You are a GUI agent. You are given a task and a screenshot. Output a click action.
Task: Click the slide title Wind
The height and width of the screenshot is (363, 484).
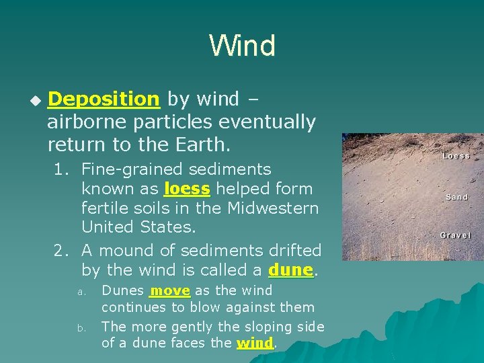242,46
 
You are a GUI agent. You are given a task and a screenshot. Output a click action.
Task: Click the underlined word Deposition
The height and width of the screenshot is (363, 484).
104,99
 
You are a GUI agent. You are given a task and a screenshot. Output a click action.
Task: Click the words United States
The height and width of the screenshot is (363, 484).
138,227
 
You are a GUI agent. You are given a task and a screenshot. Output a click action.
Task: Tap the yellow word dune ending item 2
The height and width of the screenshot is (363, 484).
290,270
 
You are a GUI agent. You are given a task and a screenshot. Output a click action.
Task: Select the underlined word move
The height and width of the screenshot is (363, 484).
171,290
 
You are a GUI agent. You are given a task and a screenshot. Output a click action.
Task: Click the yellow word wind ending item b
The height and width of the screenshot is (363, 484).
255,343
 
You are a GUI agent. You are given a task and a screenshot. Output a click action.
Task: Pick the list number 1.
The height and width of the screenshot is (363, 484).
61,170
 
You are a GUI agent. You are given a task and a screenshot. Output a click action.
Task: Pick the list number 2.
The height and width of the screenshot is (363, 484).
61,251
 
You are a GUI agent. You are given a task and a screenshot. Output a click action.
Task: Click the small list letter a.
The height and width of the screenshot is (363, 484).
80,292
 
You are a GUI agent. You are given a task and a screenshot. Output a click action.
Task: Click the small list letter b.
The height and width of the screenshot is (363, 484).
80,327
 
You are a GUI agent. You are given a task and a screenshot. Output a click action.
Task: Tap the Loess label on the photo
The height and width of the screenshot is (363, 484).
456,156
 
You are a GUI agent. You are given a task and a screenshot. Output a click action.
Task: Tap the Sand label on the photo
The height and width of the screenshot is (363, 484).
456,197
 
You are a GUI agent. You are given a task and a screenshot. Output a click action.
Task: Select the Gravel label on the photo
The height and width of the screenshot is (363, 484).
455,235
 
